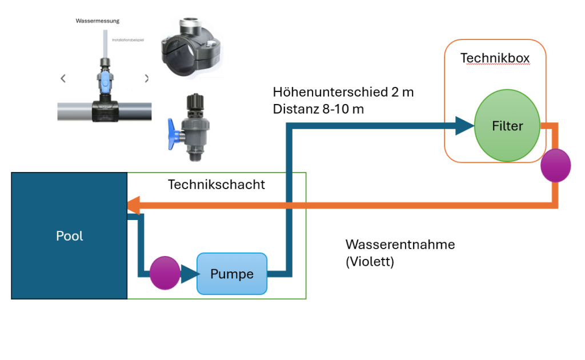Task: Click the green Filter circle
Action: (507, 126)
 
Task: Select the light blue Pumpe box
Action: (232, 274)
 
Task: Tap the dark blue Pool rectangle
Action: (69, 236)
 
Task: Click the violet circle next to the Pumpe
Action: (165, 273)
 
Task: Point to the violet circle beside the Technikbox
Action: (555, 165)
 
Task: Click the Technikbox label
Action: (495, 58)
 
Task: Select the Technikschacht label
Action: (217, 185)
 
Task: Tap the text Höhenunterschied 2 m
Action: (343, 92)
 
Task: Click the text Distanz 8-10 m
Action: (318, 109)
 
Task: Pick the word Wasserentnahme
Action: (400, 245)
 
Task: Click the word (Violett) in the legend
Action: (370, 262)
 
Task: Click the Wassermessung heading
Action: (97, 21)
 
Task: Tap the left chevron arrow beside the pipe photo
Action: (63, 78)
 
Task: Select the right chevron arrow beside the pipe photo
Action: (147, 78)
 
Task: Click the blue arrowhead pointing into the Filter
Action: (464, 126)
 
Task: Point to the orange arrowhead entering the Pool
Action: (134, 205)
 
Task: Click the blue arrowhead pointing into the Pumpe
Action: (190, 274)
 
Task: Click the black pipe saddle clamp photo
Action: (191, 47)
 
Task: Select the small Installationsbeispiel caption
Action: (128, 40)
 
